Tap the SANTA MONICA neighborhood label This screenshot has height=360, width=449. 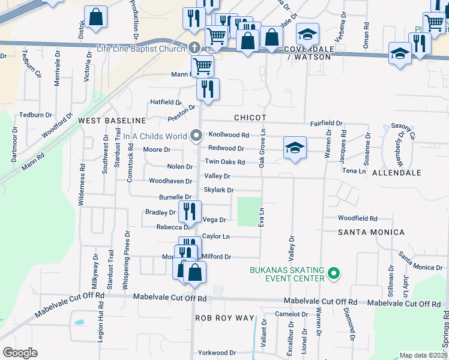(371, 232)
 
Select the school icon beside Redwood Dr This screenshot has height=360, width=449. (295, 148)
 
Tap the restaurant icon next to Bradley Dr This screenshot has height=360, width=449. (189, 211)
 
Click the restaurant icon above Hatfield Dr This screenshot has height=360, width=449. (208, 89)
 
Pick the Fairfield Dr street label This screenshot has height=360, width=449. (326, 123)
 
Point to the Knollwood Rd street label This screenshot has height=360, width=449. (228, 136)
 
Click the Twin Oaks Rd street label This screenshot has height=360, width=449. (225, 162)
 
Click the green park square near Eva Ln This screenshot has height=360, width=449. (250, 211)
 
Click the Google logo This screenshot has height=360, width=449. (20, 353)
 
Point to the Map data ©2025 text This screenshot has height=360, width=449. (423, 355)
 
